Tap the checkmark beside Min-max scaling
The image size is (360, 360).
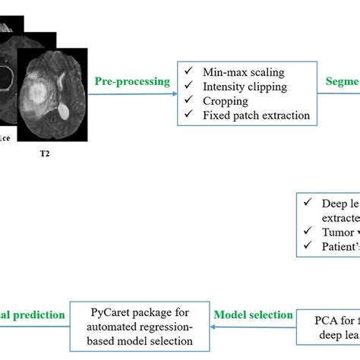coord(188,72)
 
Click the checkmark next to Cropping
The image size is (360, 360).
coord(188,101)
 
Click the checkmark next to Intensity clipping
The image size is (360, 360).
coord(188,87)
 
